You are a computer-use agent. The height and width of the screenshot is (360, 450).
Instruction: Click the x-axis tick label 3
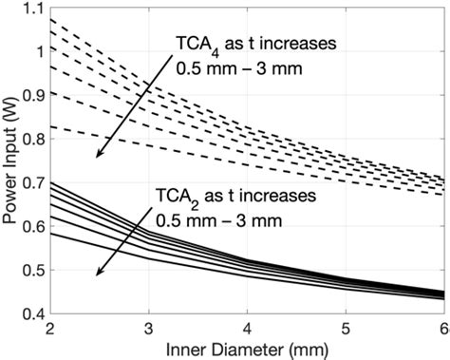coord(146,329)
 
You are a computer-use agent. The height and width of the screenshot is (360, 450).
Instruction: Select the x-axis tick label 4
coord(246,329)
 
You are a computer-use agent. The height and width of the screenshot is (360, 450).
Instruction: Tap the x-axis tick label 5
coord(345,329)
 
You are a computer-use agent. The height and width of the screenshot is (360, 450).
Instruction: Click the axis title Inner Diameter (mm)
coord(245,349)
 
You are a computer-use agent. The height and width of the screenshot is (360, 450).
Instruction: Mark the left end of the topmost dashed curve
coord(48,19)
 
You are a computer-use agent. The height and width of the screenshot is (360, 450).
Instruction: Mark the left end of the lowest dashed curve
coord(48,125)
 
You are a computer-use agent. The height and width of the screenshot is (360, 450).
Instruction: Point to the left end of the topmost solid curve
coord(48,181)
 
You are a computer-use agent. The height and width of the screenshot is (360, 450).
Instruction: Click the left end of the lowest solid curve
coord(48,233)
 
